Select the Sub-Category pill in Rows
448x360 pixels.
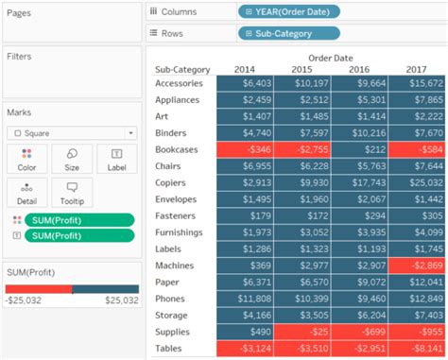click(288, 33)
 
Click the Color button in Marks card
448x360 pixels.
click(26, 160)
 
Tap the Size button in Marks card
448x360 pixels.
click(72, 160)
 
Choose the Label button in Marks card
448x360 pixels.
click(116, 160)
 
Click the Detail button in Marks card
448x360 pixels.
click(26, 192)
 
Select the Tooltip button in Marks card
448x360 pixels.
click(72, 192)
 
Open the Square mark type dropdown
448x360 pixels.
click(71, 133)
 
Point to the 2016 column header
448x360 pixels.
click(359, 69)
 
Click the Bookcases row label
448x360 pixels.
click(178, 149)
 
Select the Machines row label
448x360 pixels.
click(176, 266)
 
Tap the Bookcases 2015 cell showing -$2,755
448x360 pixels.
click(302, 149)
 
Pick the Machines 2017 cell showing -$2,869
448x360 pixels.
click(416, 266)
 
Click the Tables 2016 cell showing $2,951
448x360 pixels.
click(359, 348)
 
